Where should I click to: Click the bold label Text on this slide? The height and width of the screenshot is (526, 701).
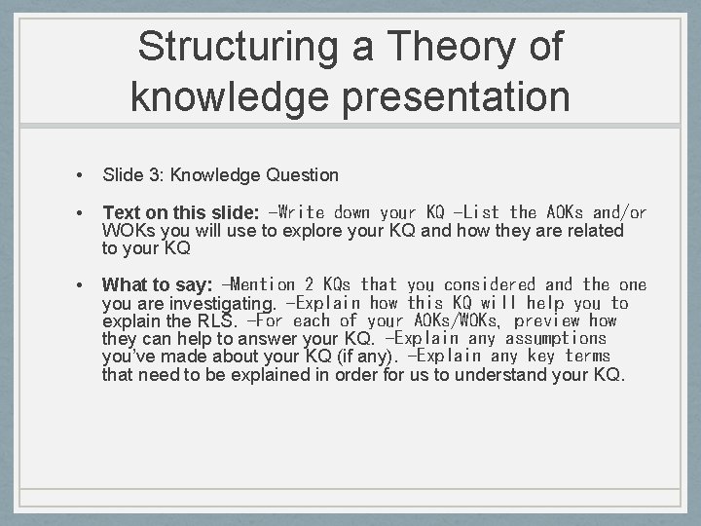click(180, 212)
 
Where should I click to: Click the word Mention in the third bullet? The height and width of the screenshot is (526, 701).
click(263, 284)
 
